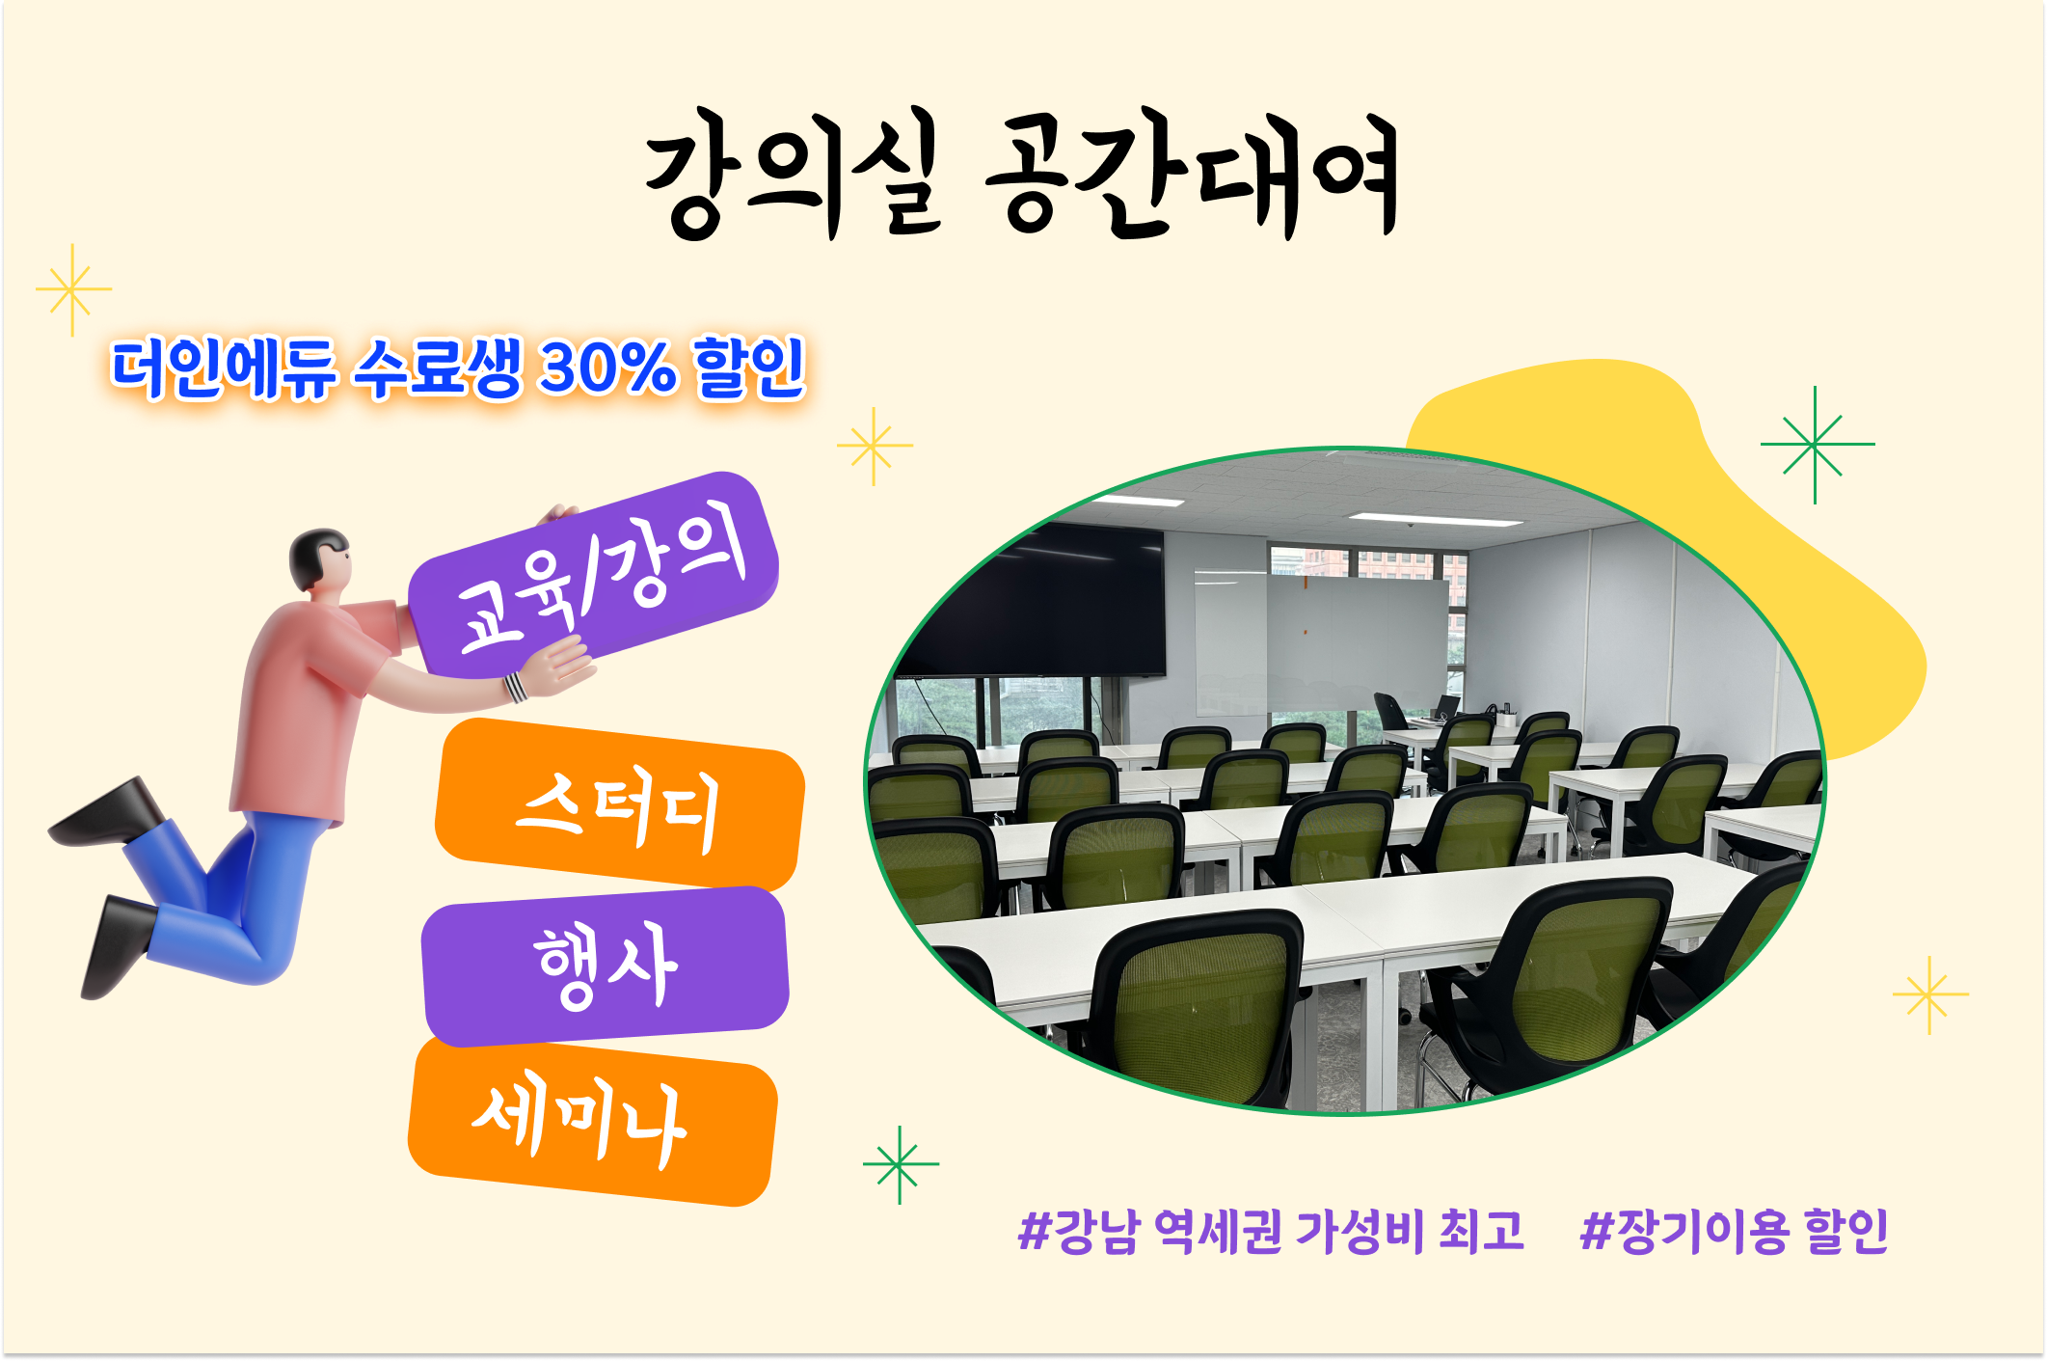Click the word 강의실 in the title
click(793, 174)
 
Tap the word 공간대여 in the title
click(1192, 174)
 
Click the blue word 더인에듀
click(223, 368)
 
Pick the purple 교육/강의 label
click(593, 575)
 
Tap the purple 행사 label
click(606, 966)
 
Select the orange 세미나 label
click(592, 1123)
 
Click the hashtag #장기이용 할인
click(1733, 1231)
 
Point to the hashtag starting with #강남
click(1271, 1231)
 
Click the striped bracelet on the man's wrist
click(515, 687)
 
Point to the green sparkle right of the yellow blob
click(1816, 445)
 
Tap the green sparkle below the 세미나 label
click(900, 1164)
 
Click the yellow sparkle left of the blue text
click(72, 289)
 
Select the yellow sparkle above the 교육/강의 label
click(874, 446)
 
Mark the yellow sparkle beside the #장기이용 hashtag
click(1929, 994)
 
